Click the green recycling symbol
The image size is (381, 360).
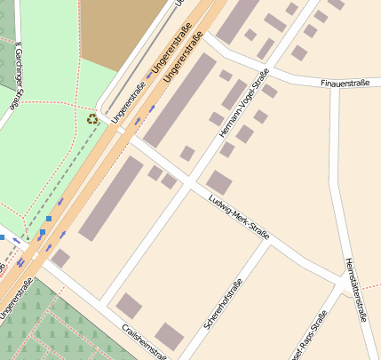92,118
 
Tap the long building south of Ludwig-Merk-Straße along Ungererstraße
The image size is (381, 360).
111,198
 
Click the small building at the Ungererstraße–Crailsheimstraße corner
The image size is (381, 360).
60,258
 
